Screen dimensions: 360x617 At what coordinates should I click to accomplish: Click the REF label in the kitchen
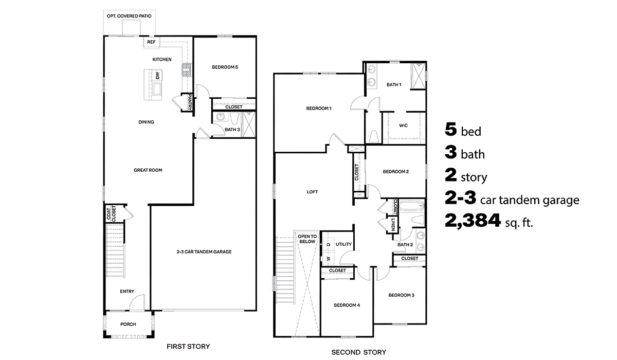point(151,42)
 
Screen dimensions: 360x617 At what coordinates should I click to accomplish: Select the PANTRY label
point(190,102)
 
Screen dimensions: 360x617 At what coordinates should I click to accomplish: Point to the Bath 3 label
point(232,130)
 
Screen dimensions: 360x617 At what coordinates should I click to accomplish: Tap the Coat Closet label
point(111,213)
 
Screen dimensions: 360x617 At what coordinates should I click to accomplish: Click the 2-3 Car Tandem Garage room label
point(204,252)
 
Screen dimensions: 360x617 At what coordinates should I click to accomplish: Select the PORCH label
point(128,324)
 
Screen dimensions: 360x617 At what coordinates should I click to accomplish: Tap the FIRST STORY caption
point(188,346)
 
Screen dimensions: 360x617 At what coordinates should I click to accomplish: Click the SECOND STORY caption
point(358,352)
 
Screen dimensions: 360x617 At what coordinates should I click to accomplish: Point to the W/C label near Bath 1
point(404,125)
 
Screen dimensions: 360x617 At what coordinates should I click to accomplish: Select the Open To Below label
point(306,238)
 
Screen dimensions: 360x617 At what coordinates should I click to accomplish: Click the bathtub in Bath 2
point(411,208)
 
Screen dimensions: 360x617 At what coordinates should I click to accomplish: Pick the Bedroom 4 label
point(347,305)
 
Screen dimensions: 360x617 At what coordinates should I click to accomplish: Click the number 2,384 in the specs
point(473,221)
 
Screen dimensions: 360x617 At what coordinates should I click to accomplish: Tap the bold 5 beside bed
point(451,130)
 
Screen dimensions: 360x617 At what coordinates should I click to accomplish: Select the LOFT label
point(312,192)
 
